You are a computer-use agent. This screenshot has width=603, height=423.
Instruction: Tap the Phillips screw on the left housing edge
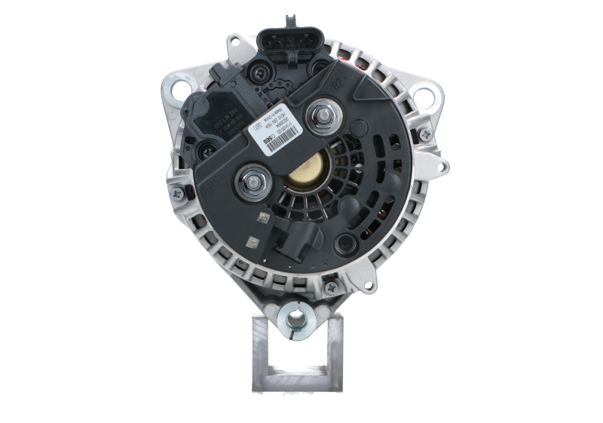pyautogui.click(x=178, y=195)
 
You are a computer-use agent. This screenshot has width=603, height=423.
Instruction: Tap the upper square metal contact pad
pyautogui.click(x=262, y=218)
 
